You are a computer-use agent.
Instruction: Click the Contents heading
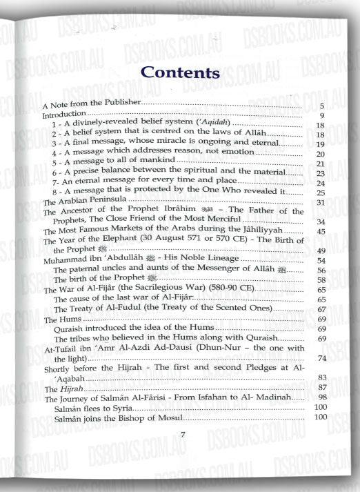(x=179, y=71)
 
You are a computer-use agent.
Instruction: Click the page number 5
(x=322, y=106)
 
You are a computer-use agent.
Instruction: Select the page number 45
(x=320, y=231)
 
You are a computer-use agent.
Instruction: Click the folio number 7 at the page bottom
(x=182, y=433)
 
